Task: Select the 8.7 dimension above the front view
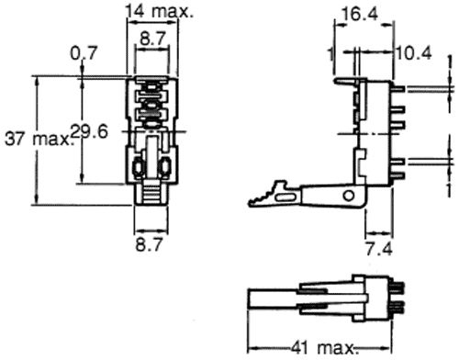coord(151,39)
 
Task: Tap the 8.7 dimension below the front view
coord(151,245)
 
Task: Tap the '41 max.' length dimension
coord(313,348)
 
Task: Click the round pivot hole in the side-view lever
coord(348,196)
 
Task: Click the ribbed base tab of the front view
coord(151,195)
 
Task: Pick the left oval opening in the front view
coord(138,168)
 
